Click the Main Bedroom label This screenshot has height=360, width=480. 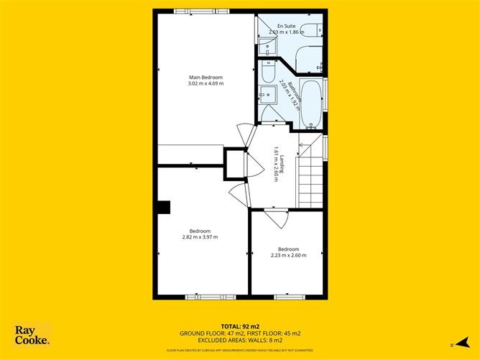(206, 77)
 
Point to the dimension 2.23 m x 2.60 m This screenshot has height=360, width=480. (288, 255)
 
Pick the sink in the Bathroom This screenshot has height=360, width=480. (265, 94)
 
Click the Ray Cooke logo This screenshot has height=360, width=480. (32, 335)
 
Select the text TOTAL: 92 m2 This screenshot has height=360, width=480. (239, 327)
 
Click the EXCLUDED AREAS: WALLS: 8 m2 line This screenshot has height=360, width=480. (239, 340)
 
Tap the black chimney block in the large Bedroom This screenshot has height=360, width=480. (165, 207)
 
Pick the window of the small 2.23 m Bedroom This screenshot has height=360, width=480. (289, 296)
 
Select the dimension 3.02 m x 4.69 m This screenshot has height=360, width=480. (206, 84)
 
